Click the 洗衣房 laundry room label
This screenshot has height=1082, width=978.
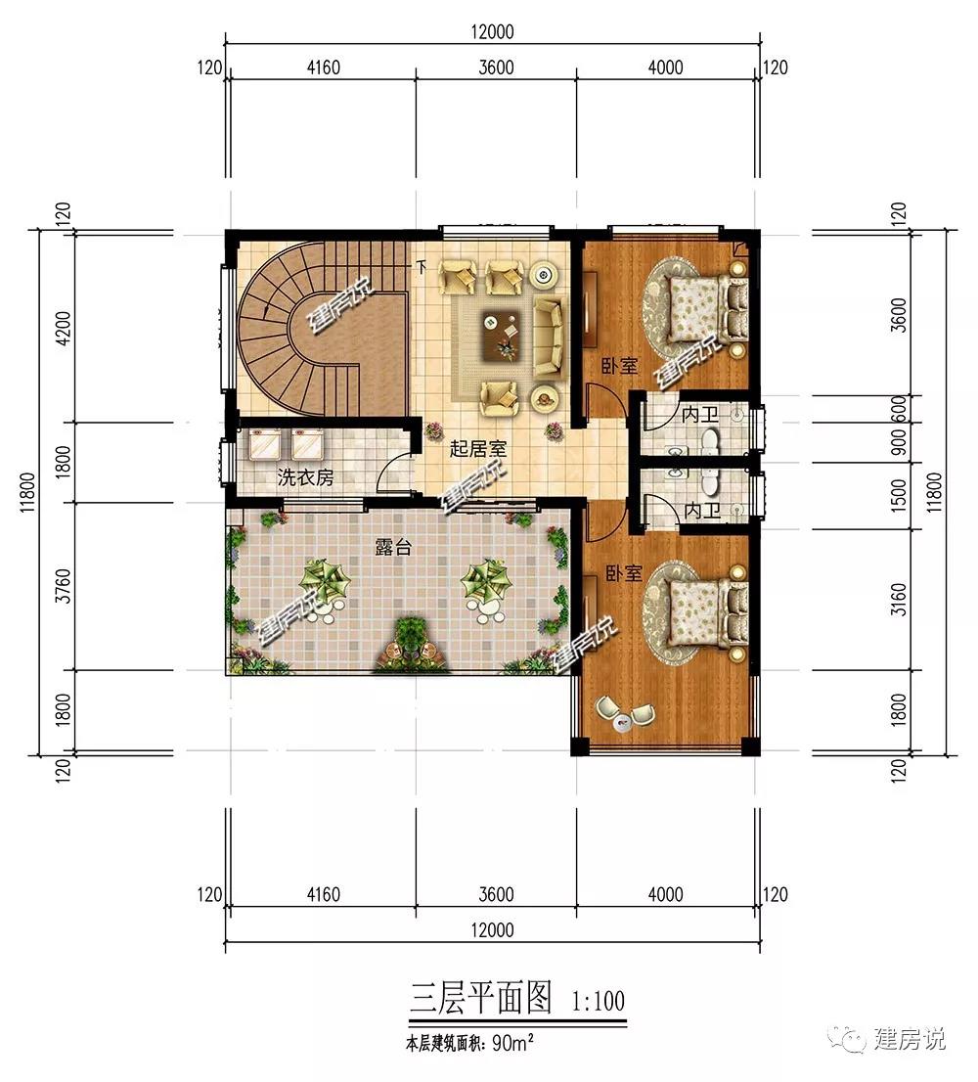click(305, 476)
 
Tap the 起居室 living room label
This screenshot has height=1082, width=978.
click(478, 448)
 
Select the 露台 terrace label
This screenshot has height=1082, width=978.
click(393, 547)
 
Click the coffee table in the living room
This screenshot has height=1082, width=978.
click(500, 335)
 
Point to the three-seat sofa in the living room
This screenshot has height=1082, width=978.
click(549, 337)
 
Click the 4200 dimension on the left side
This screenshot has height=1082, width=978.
click(63, 329)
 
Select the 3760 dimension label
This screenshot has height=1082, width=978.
click(63, 586)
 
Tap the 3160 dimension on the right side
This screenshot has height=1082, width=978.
click(898, 599)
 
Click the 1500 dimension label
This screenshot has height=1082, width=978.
click(898, 495)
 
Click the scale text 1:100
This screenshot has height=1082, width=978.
click(598, 1001)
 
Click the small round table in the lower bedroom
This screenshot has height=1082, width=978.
click(623, 723)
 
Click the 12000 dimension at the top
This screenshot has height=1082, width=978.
click(493, 31)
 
